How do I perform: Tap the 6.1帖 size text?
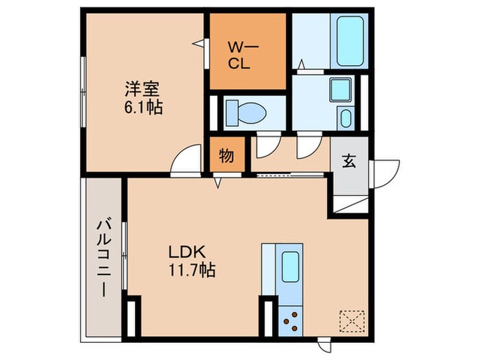coord(143,108)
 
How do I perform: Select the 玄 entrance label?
coord(348,162)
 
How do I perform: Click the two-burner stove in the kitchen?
coord(291,319)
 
